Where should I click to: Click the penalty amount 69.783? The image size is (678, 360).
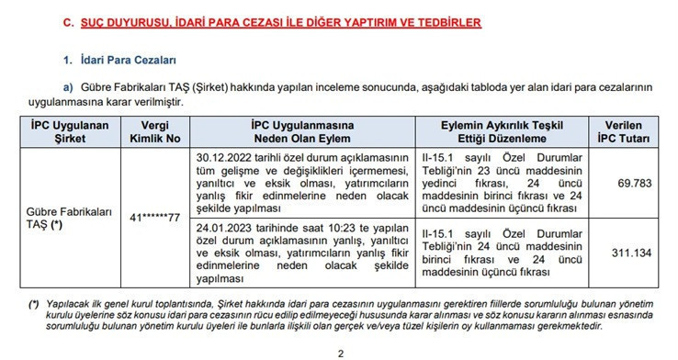[634, 183]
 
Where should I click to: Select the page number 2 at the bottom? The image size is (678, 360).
[340, 353]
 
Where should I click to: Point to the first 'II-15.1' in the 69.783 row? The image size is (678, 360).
[435, 157]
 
